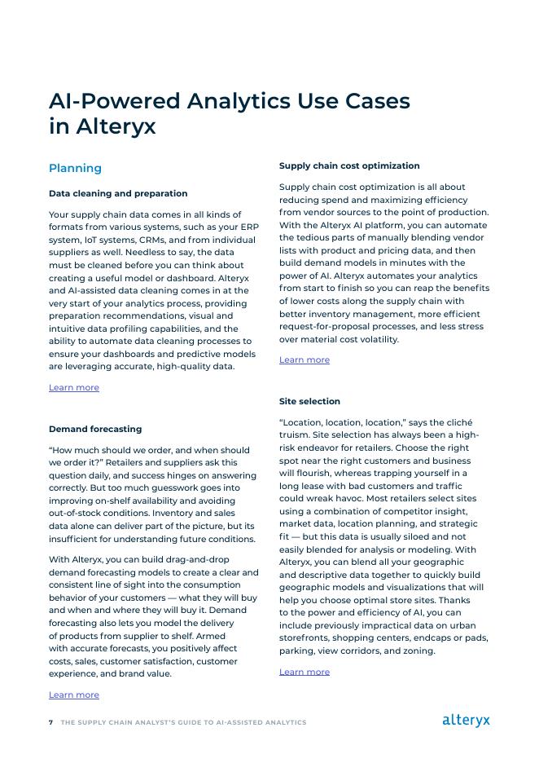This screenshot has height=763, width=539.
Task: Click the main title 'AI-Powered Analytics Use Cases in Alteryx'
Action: point(229,113)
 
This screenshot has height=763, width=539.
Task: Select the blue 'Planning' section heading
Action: point(75,168)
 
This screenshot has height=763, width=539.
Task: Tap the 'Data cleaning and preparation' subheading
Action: point(118,193)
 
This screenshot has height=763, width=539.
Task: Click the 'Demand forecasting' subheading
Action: point(95,429)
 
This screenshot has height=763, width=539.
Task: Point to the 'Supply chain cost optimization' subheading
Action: point(349,165)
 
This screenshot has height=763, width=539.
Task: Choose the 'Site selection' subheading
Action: point(309,401)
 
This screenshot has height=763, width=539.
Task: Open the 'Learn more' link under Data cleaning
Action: point(74,387)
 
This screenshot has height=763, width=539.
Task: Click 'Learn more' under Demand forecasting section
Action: point(74,695)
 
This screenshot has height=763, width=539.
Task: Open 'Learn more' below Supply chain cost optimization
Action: point(305,359)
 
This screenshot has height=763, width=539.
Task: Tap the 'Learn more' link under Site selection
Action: point(305,672)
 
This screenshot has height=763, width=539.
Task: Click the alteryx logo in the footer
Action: point(466,720)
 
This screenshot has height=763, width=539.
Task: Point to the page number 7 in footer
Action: point(50,722)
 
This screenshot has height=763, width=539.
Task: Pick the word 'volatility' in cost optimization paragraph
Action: point(375,339)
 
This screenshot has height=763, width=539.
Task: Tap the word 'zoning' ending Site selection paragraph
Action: point(418,651)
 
